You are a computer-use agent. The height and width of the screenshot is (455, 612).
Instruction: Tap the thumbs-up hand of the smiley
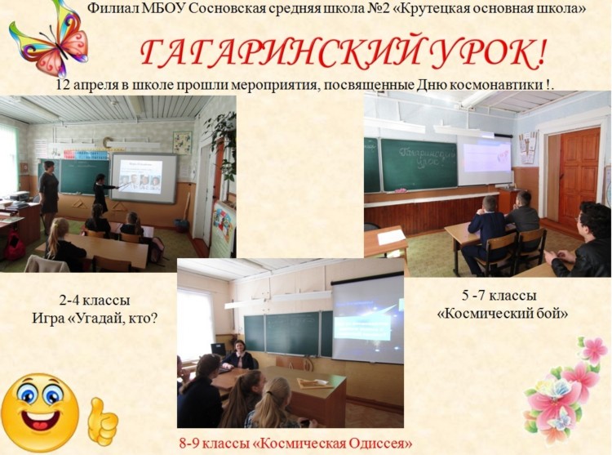click(102, 422)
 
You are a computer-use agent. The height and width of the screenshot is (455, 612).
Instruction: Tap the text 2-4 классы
click(95, 301)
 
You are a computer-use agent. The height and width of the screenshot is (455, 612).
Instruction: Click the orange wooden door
click(579, 176)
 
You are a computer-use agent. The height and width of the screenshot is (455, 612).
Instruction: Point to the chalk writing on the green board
click(428, 157)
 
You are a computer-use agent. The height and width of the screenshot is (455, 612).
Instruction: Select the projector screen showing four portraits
click(144, 178)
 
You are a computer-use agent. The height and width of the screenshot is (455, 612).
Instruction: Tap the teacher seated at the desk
click(239, 355)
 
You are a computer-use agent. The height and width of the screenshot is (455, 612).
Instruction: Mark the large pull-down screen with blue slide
click(367, 319)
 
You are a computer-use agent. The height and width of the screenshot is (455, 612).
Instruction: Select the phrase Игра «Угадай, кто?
click(95, 319)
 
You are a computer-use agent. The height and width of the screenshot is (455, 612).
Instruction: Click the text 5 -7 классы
click(499, 296)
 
